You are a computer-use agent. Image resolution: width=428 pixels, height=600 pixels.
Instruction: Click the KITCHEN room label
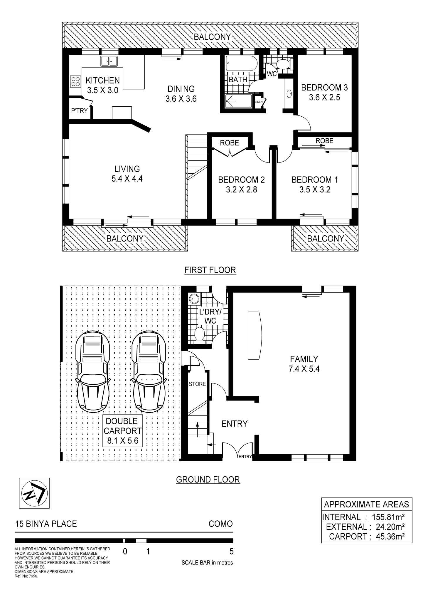coord(102,80)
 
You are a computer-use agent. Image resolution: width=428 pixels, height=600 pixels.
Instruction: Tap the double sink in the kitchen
coord(109,61)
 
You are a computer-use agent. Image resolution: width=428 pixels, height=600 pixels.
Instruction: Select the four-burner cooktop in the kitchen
coord(75,81)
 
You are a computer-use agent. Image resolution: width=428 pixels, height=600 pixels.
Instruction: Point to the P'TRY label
coord(79,111)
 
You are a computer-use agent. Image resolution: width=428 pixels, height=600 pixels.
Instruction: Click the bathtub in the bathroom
coord(242,63)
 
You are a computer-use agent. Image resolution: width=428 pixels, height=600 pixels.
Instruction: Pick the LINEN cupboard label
coord(259,102)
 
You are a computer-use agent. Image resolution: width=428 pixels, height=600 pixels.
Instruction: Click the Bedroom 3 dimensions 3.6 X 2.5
coord(324,97)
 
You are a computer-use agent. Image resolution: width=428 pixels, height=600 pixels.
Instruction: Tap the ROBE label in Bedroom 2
coord(230,143)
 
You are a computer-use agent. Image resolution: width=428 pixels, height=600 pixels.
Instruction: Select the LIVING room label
coord(127,169)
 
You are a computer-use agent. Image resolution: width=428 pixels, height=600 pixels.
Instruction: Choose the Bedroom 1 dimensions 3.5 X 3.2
coord(315,190)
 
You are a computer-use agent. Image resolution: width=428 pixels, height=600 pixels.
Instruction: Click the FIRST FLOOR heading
coord(210,270)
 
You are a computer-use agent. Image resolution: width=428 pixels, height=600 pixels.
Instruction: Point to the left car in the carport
coord(92,371)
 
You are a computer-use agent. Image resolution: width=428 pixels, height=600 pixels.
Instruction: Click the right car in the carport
coord(148,371)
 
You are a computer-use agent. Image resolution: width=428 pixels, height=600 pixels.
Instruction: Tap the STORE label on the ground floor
coord(197,384)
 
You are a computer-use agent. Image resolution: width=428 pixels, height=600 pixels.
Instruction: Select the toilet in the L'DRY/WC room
coord(200,334)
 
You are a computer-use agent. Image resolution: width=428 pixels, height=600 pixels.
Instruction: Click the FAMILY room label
coord(304,359)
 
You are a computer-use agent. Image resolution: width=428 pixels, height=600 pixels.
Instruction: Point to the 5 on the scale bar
coord(231,552)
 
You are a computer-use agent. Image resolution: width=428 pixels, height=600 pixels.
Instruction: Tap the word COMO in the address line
coord(220,524)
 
